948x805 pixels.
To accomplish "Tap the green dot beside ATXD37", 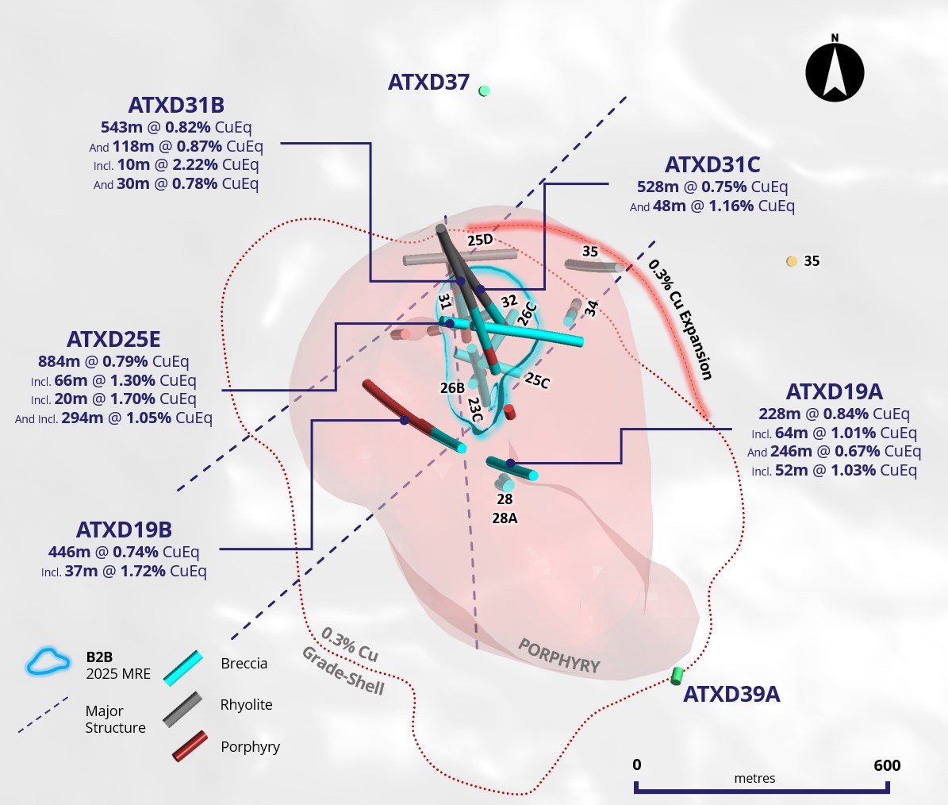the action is (x=484, y=91).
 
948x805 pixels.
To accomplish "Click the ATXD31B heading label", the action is (x=176, y=106).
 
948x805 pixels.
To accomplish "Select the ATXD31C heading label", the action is (x=712, y=164).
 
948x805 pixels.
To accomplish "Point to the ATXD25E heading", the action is (x=113, y=339).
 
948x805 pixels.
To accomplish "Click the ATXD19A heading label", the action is (x=835, y=392).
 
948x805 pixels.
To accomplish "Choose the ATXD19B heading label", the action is (x=124, y=530).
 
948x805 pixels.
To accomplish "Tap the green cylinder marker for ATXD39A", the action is (x=677, y=676).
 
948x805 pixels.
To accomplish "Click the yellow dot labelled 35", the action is (x=792, y=261).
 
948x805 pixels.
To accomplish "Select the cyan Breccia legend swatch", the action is (x=183, y=668).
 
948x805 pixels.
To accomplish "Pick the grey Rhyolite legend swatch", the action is (x=182, y=710).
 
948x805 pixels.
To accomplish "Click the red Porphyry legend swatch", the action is (x=190, y=746).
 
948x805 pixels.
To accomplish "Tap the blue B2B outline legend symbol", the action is (x=48, y=661).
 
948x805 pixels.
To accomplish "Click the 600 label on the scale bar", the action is (x=887, y=765).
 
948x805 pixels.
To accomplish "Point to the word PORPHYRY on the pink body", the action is (x=559, y=657).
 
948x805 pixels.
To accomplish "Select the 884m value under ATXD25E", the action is (x=59, y=362).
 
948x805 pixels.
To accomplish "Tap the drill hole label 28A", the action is (x=505, y=518).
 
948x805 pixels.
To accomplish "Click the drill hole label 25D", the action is (x=480, y=240).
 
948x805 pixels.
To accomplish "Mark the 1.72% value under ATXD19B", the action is (x=144, y=571).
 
